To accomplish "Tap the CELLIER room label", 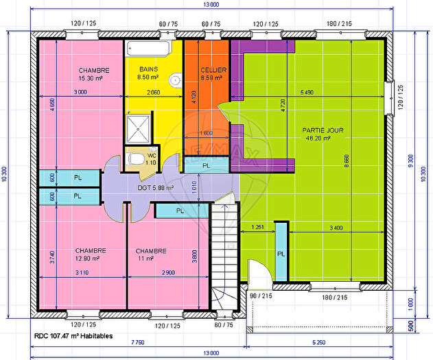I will (213, 70).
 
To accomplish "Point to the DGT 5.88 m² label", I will (154, 187).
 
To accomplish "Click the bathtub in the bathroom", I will (148, 49).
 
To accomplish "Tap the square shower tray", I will (141, 128).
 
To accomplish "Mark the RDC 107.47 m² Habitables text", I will (73, 337).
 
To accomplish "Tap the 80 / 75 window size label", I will (224, 325).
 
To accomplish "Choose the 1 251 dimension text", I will (258, 227).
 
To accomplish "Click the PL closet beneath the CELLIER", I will (206, 165).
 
